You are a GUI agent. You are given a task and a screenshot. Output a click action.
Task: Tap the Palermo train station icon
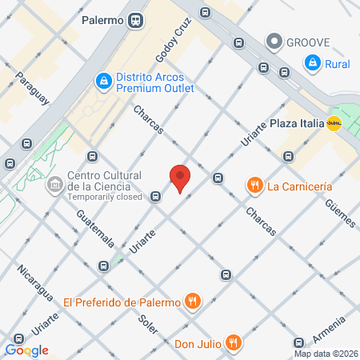coord(138,21)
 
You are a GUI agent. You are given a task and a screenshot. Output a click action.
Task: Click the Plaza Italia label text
coord(296,123)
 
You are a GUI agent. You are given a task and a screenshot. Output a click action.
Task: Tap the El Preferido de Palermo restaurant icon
coord(192,302)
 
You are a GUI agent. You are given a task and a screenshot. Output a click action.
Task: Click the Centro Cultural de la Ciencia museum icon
coord(55,186)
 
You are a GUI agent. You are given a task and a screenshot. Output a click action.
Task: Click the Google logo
coord(27,350)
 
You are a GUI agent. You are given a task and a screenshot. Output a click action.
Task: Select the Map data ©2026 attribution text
coord(325,353)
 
